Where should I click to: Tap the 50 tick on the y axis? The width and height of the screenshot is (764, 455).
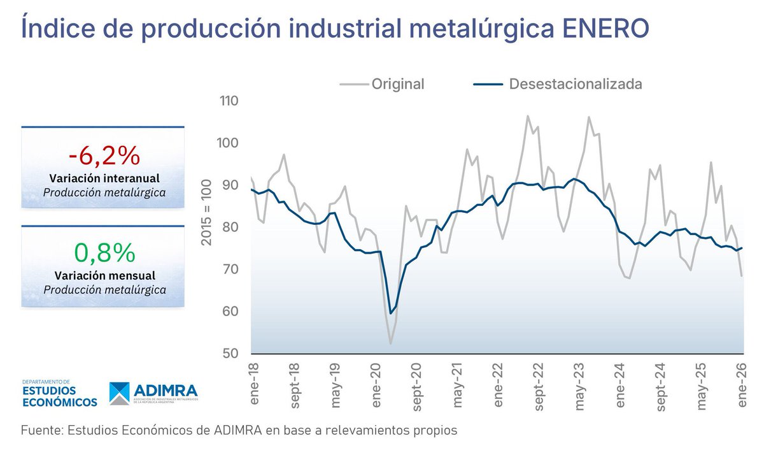tap(230, 354)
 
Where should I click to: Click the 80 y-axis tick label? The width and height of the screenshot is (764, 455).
tap(230, 227)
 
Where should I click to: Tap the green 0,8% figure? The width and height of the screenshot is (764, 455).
tap(104, 253)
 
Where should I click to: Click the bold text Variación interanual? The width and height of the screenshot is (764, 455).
tap(104, 178)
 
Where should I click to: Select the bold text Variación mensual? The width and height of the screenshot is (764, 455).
tap(104, 276)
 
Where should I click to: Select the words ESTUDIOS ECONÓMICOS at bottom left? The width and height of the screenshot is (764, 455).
tap(59, 396)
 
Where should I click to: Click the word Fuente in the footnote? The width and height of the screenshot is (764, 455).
tap(39, 430)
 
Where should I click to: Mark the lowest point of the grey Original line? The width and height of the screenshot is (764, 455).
tap(390, 343)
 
